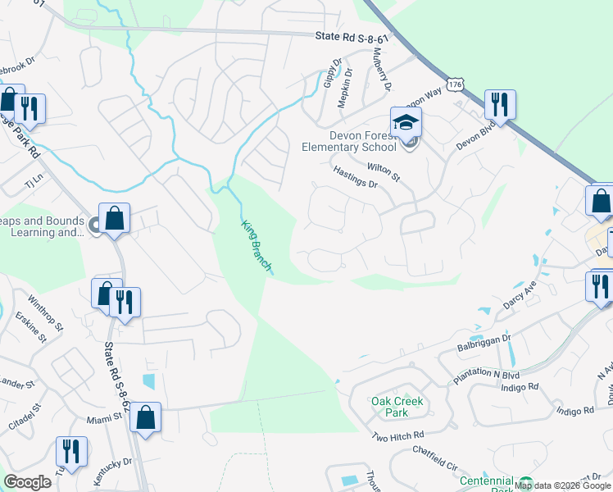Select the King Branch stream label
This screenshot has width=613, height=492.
tap(257, 245)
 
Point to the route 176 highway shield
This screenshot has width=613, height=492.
tap(456, 84)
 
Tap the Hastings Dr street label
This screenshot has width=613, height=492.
tap(355, 176)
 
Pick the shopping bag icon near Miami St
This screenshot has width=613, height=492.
tap(145, 417)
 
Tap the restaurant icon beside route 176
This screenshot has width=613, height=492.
tap(497, 104)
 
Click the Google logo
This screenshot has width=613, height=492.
tap(27, 482)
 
